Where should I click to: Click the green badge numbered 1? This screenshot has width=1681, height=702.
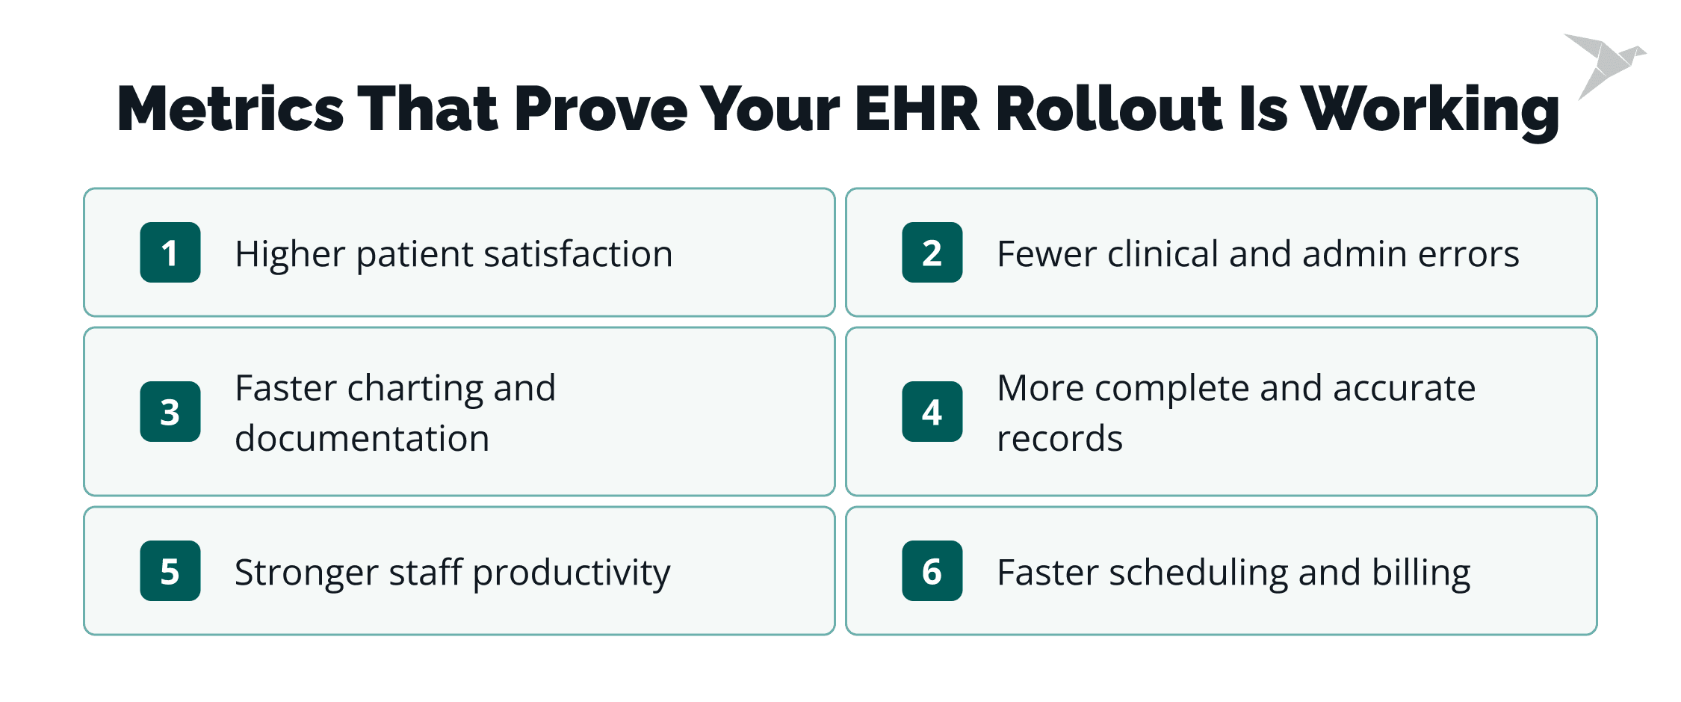pyautogui.click(x=170, y=252)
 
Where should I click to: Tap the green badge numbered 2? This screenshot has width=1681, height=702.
pyautogui.click(x=932, y=252)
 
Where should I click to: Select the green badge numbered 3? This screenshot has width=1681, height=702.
pyautogui.click(x=170, y=412)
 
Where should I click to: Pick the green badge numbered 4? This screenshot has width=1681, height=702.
pyautogui.click(x=932, y=412)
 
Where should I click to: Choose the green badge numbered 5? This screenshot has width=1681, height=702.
pyautogui.click(x=170, y=570)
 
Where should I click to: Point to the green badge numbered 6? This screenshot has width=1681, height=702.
pyautogui.click(x=932, y=570)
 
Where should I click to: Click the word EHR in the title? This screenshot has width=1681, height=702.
pyautogui.click(x=917, y=109)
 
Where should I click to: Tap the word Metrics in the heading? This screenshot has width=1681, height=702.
pyautogui.click(x=230, y=109)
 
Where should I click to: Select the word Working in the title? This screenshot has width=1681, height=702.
pyautogui.click(x=1430, y=111)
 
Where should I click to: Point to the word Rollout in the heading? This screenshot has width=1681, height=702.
pyautogui.click(x=1109, y=109)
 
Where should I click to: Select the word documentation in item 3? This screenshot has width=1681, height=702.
pyautogui.click(x=362, y=439)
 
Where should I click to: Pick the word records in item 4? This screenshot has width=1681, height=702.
pyautogui.click(x=1059, y=439)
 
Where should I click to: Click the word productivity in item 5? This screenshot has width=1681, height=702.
pyautogui.click(x=572, y=574)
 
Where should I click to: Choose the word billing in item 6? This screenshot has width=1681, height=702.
pyautogui.click(x=1421, y=574)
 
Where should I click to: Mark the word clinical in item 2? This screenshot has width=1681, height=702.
pyautogui.click(x=1163, y=254)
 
